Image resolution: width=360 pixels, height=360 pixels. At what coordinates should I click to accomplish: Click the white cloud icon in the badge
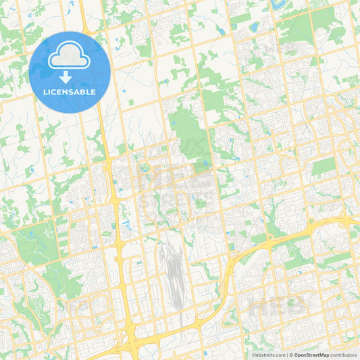tap(70, 58)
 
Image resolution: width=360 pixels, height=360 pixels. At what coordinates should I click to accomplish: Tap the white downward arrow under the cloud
tap(70, 77)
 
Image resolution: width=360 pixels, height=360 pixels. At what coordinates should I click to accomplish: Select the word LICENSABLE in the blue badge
tap(70, 92)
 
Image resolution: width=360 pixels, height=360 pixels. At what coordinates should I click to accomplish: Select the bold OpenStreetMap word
tap(311, 355)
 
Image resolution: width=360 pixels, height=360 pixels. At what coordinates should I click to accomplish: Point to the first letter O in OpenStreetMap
tap(296, 355)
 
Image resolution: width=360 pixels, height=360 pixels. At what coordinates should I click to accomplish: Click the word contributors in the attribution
tap(343, 355)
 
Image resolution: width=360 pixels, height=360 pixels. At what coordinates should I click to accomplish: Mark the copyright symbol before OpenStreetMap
tap(291, 355)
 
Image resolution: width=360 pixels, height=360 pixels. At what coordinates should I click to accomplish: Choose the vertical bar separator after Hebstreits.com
tap(287, 355)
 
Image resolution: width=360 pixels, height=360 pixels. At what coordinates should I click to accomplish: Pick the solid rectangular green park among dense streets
tap(324, 165)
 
